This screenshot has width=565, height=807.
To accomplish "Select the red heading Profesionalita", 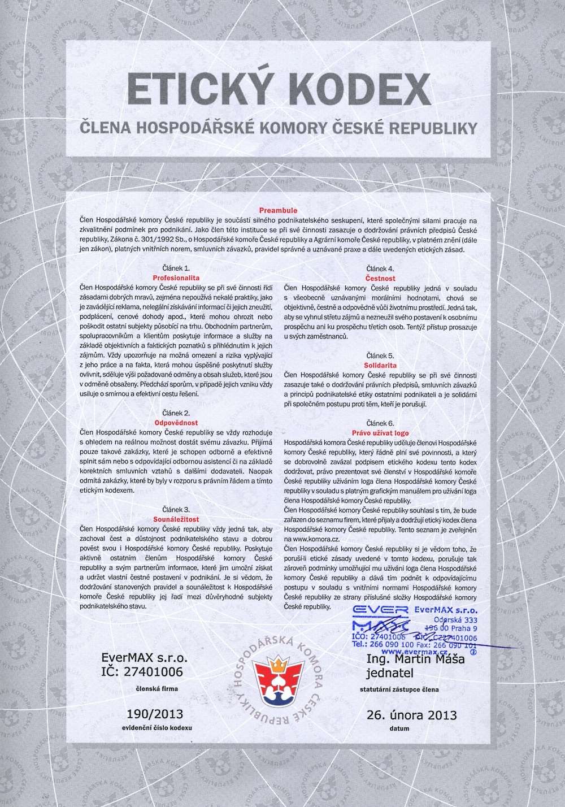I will click(x=176, y=278).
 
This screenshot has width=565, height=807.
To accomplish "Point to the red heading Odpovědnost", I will click(x=176, y=422).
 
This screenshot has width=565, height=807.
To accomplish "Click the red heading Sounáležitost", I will click(x=176, y=518).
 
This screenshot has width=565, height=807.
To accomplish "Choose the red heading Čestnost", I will click(x=380, y=278).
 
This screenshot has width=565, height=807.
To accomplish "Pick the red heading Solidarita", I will click(x=380, y=366).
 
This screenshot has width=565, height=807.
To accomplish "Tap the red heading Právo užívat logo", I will click(x=380, y=432).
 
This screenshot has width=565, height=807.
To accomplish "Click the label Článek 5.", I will click(x=380, y=356).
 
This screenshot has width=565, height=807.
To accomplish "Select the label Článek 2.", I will click(x=176, y=413).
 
